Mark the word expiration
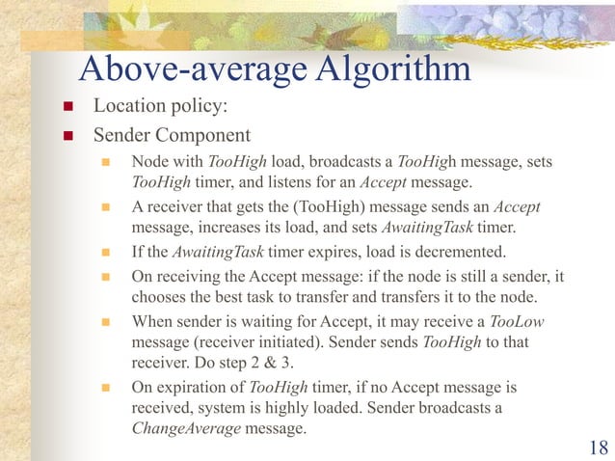pyautogui.click(x=192, y=388)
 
